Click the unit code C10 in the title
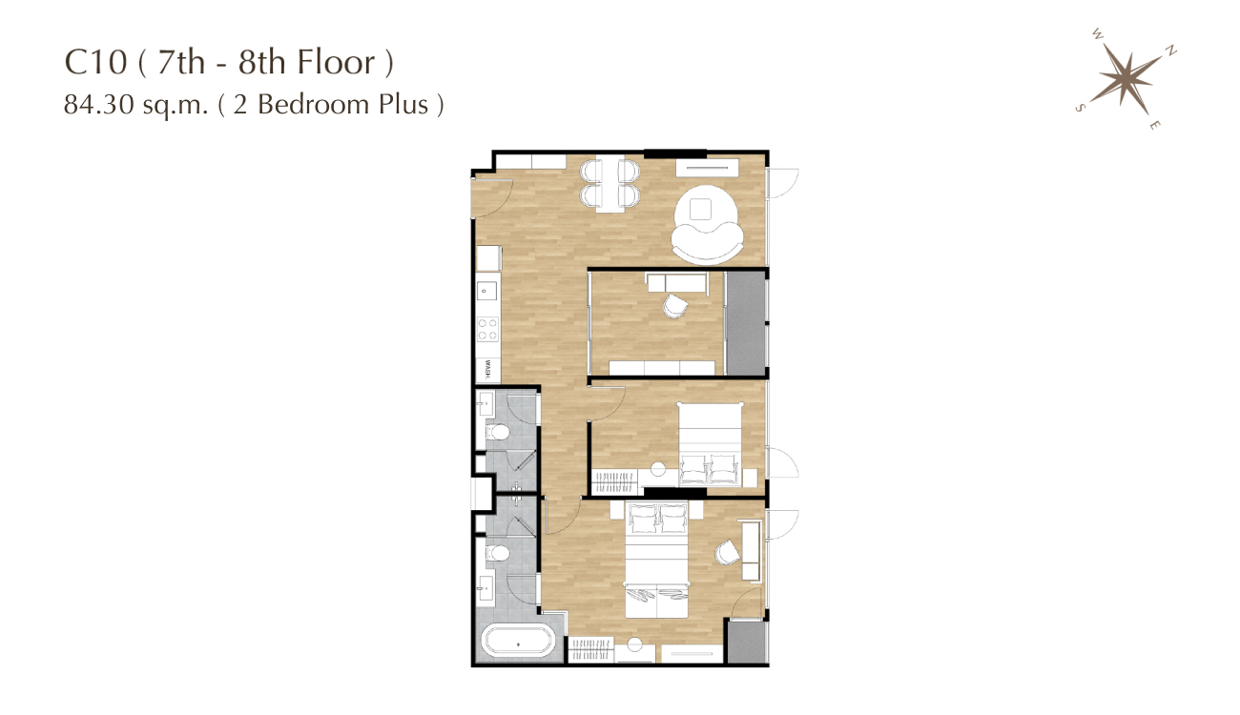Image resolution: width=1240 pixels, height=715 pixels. [95, 62]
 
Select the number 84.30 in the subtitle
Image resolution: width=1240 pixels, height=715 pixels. [98, 104]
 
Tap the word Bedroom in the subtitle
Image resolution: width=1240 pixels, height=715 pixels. [314, 104]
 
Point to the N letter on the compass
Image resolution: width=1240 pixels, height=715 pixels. [1170, 51]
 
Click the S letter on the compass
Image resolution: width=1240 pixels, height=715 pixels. [1080, 108]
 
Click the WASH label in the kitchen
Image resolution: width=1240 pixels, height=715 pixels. [487, 369]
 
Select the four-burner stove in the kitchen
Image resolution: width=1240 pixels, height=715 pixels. [487, 329]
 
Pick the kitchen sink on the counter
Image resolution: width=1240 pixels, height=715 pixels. [487, 291]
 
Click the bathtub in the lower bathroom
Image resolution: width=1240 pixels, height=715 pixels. [518, 641]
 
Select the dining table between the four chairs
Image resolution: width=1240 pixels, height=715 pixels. [610, 185]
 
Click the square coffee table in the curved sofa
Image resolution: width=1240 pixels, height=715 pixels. [700, 209]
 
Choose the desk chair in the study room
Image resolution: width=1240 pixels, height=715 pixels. [674, 306]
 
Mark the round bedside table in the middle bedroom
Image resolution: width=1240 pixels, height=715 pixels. [658, 469]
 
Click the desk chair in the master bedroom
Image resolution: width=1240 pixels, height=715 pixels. [727, 552]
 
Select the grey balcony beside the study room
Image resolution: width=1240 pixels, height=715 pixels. [745, 323]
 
